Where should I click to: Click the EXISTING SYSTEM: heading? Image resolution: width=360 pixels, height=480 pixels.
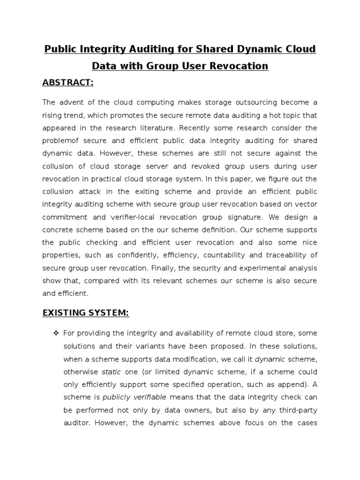tap(85, 313)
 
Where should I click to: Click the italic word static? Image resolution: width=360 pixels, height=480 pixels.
tap(111, 372)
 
